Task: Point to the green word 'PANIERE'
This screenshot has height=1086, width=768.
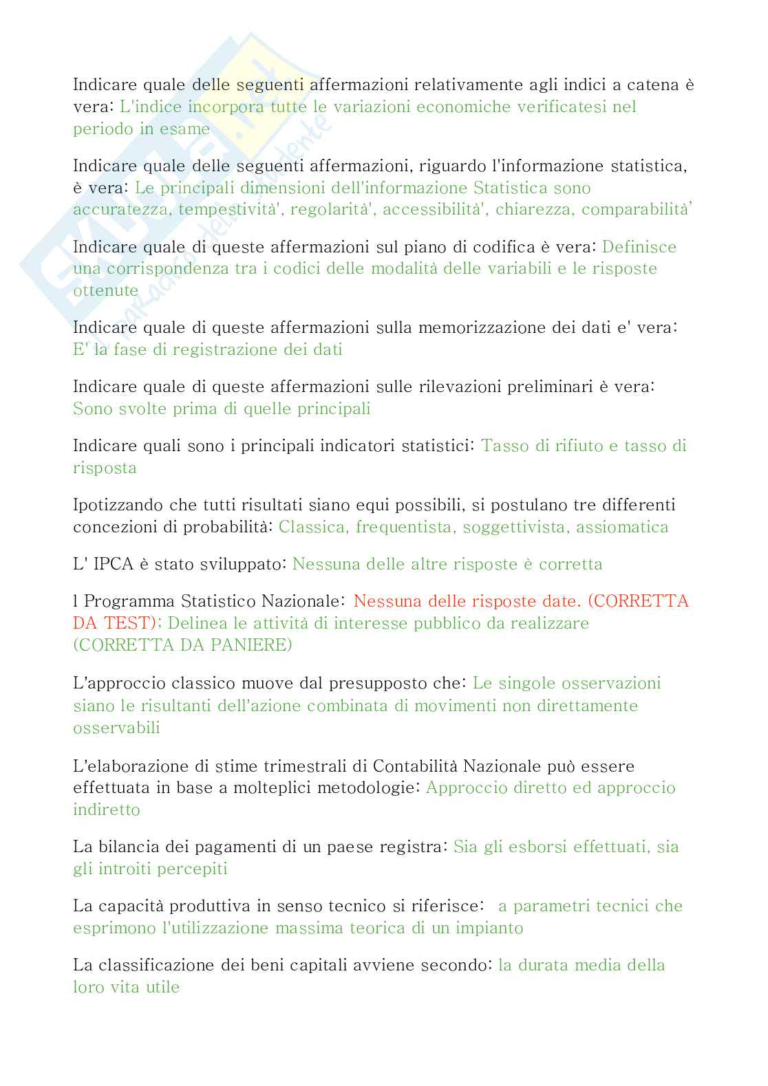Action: coord(252,645)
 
